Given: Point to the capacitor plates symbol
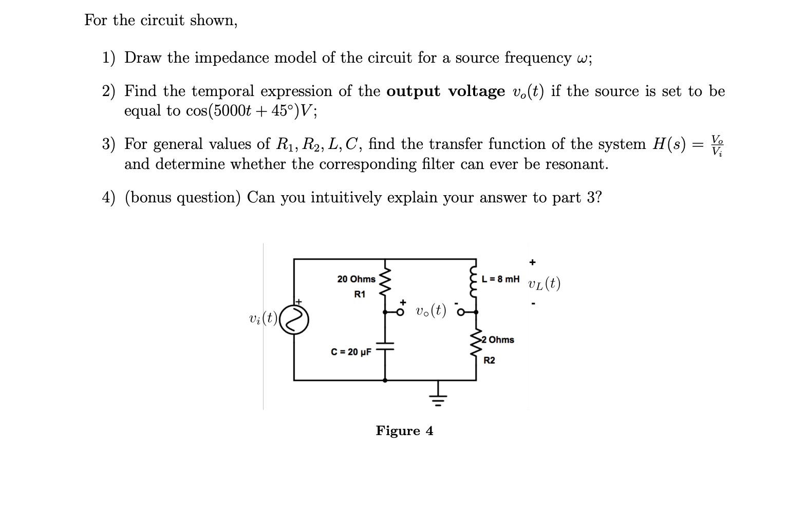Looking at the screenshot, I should [x=385, y=348].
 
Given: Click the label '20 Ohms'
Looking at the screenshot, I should [x=356, y=279].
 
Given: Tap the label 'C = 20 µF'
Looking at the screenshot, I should [x=351, y=352].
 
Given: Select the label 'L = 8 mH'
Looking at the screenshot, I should [x=500, y=279].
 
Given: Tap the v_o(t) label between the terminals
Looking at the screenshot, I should [x=430, y=310].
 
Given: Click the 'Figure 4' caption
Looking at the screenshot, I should [x=404, y=430].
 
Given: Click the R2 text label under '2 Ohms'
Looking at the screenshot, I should [x=489, y=361].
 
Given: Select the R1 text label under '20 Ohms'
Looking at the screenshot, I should [x=360, y=295].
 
